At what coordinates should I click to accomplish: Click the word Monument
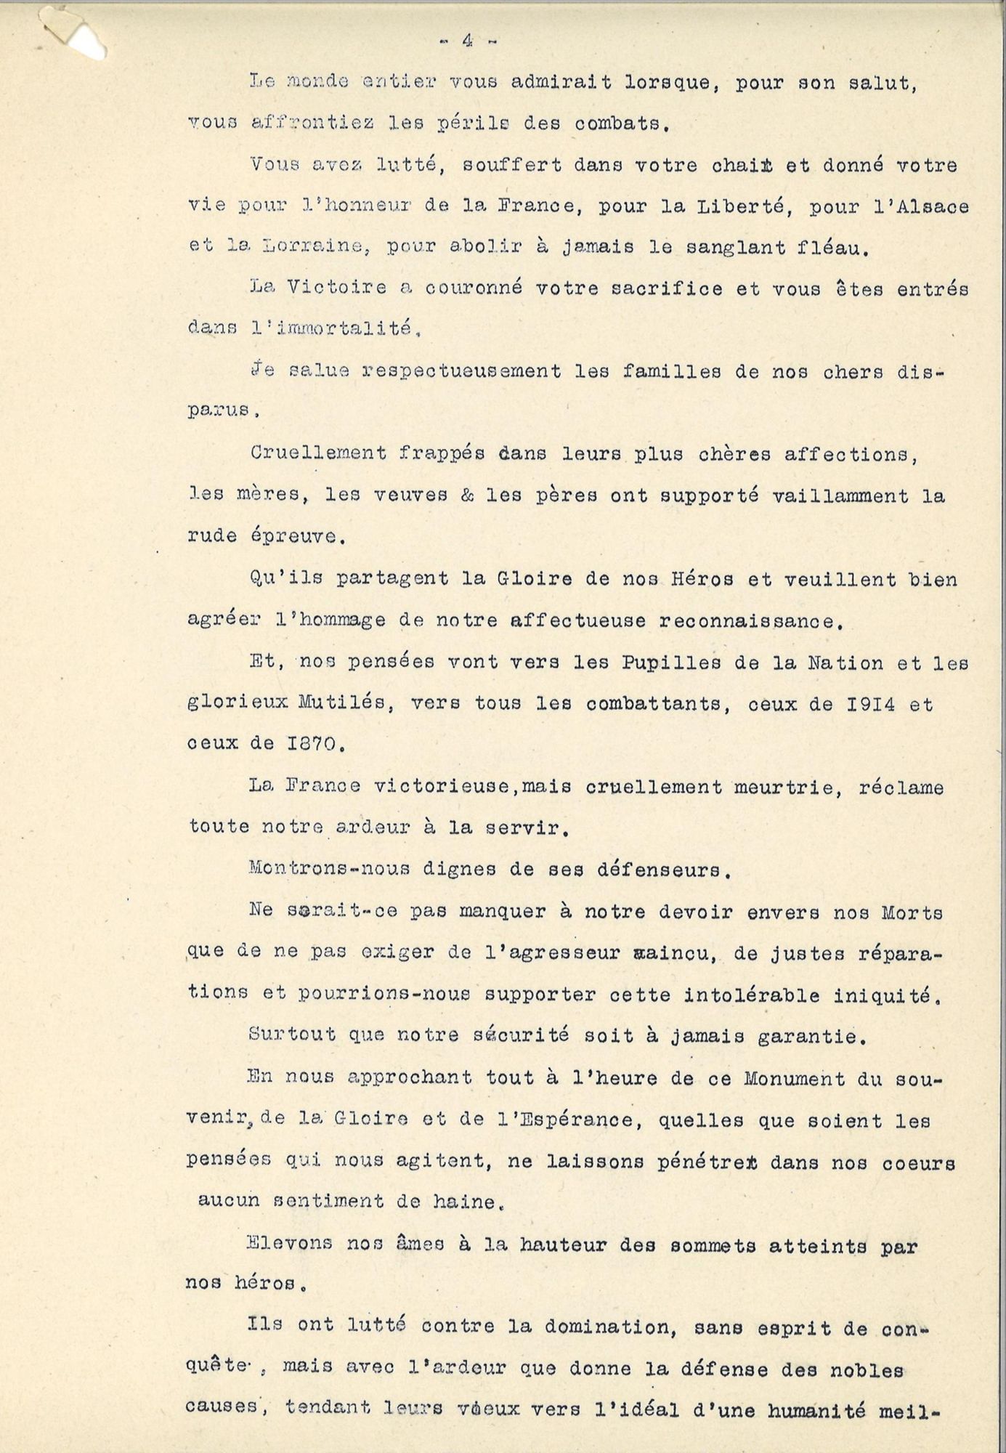click(x=795, y=1078)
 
